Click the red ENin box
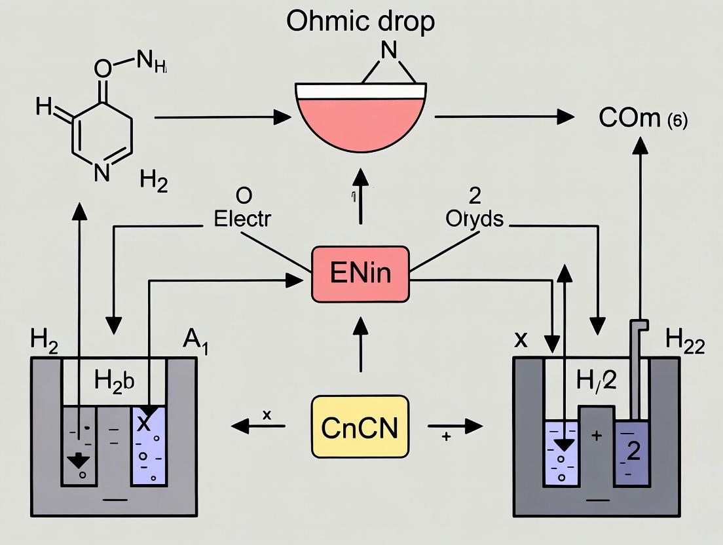tap(360, 272)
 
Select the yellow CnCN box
tap(359, 426)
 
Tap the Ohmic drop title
tap(360, 21)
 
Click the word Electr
tap(242, 218)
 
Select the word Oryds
tap(474, 218)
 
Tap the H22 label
tap(684, 341)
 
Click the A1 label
tap(195, 341)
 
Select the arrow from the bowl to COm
tap(504, 117)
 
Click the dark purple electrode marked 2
tap(633, 453)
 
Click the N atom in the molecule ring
tap(101, 172)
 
